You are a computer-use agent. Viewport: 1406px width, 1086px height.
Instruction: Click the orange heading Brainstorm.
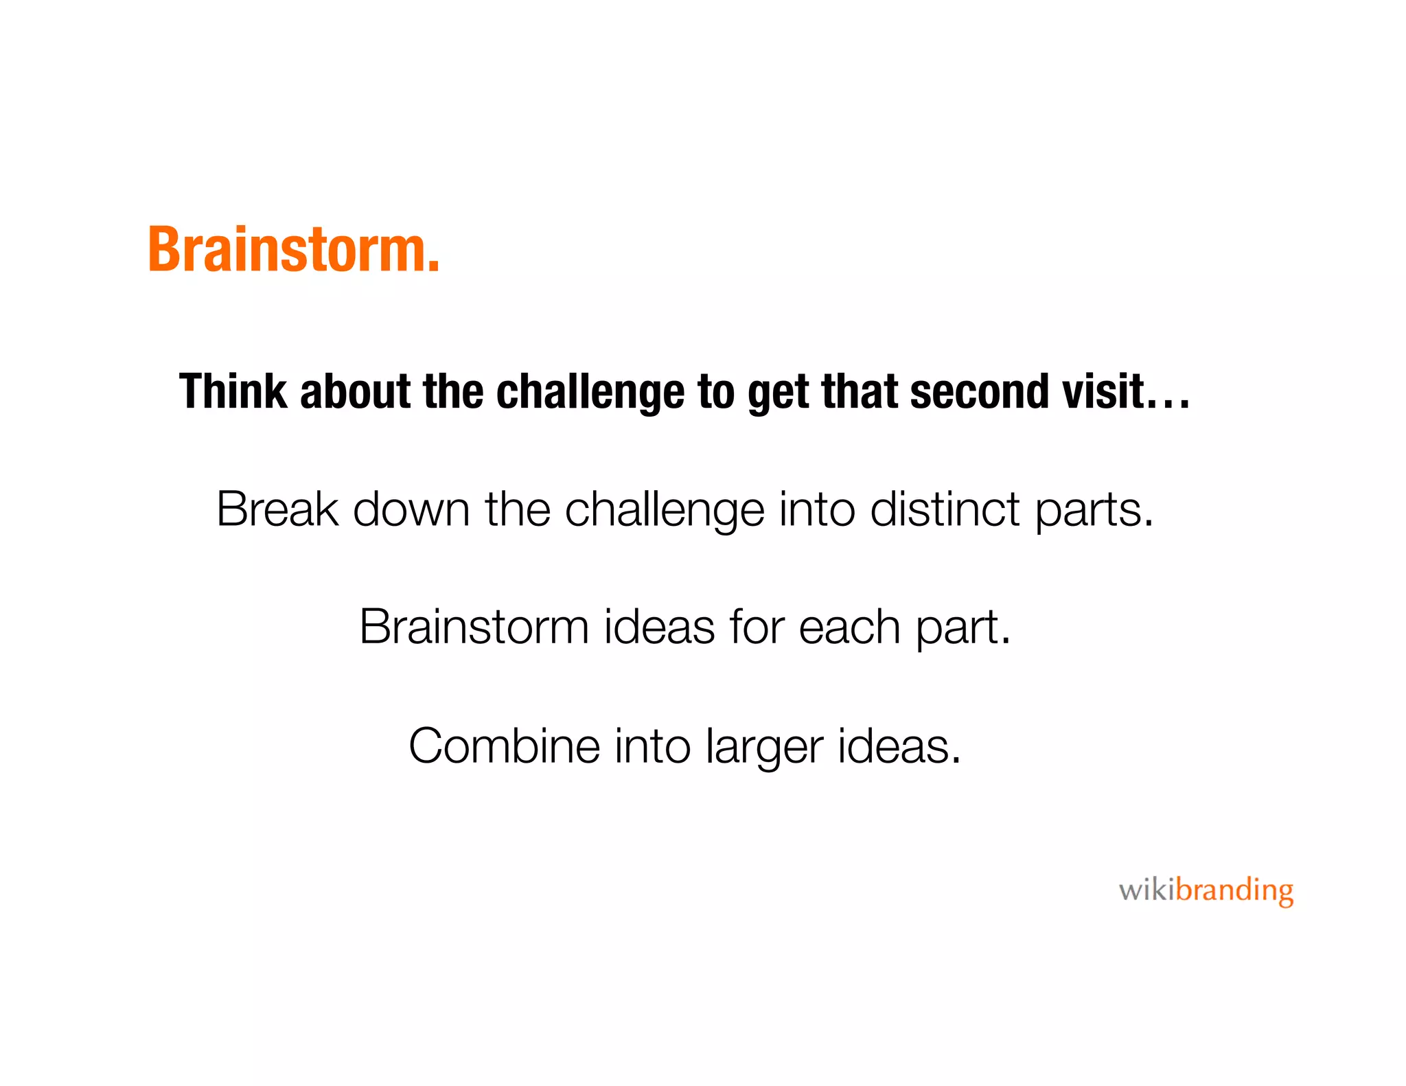(x=293, y=250)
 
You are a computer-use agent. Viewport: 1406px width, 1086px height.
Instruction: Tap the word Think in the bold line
(x=233, y=391)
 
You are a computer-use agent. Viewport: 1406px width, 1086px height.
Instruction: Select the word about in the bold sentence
(x=354, y=391)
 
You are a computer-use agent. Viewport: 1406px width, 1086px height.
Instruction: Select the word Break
(x=277, y=509)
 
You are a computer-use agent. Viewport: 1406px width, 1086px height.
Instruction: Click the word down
(x=411, y=509)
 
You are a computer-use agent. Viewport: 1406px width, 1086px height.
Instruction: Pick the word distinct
(x=945, y=509)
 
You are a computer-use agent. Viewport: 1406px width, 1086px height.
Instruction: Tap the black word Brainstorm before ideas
(x=474, y=627)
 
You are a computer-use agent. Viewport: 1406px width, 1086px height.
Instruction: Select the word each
(x=849, y=627)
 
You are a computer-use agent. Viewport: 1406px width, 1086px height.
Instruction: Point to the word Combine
(x=504, y=746)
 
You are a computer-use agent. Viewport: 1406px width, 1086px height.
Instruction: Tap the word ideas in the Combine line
(x=898, y=746)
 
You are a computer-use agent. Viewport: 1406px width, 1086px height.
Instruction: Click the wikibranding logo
(x=1206, y=890)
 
